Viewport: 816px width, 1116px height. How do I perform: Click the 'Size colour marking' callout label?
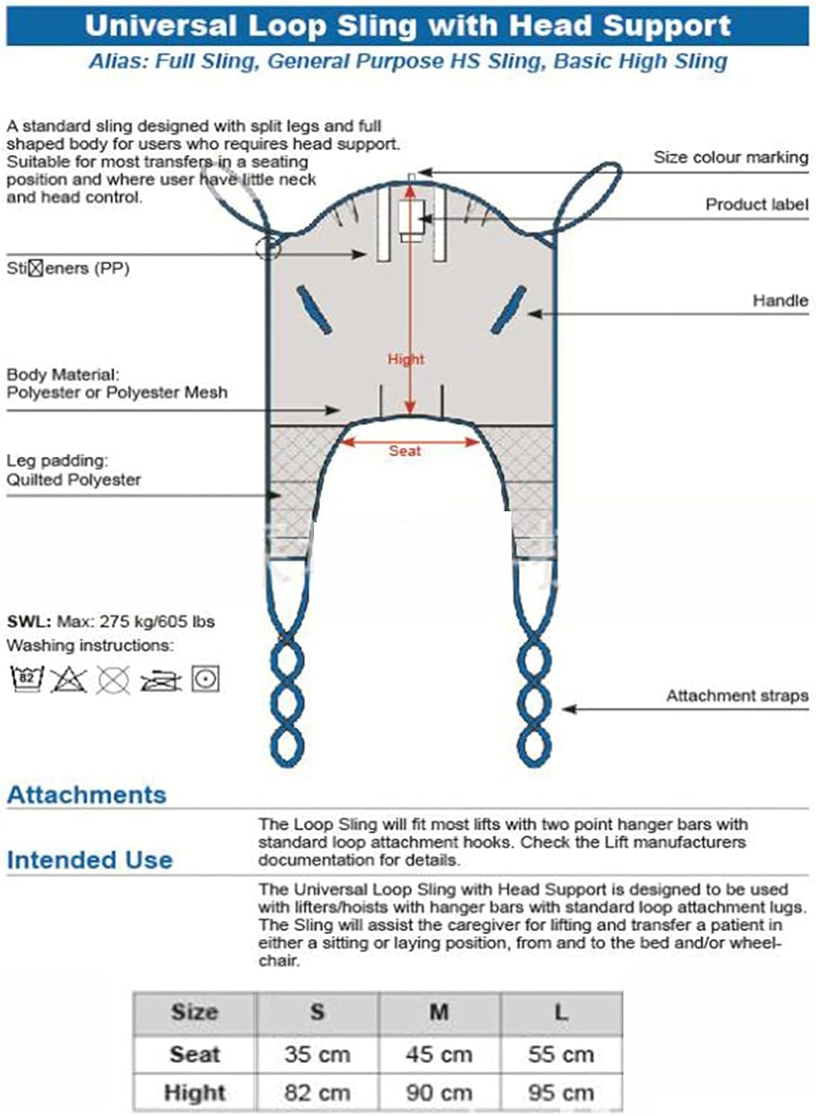pos(730,157)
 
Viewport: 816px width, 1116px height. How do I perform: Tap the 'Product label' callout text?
pos(756,204)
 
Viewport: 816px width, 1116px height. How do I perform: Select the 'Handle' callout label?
pos(780,300)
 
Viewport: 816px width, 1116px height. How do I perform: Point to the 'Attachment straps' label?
pos(736,696)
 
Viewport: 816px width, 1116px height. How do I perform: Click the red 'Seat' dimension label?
pos(405,451)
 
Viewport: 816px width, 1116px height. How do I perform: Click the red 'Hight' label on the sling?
pos(405,359)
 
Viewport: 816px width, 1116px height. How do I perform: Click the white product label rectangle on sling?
pos(410,217)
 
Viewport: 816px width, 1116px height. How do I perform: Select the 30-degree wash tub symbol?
pos(27,679)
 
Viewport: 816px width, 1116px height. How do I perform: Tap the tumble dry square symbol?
pos(205,679)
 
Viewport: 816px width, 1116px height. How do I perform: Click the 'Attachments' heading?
pos(86,795)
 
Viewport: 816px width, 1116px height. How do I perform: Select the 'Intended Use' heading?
pos(89,860)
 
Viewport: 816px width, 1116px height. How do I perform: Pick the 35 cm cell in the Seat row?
pos(317,1054)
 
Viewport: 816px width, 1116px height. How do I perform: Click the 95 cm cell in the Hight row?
pos(561,1092)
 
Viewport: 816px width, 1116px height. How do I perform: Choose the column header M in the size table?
pos(439,1012)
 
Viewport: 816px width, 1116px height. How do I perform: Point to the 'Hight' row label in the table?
pos(195,1092)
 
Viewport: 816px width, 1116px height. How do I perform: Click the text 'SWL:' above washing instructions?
pos(29,621)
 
